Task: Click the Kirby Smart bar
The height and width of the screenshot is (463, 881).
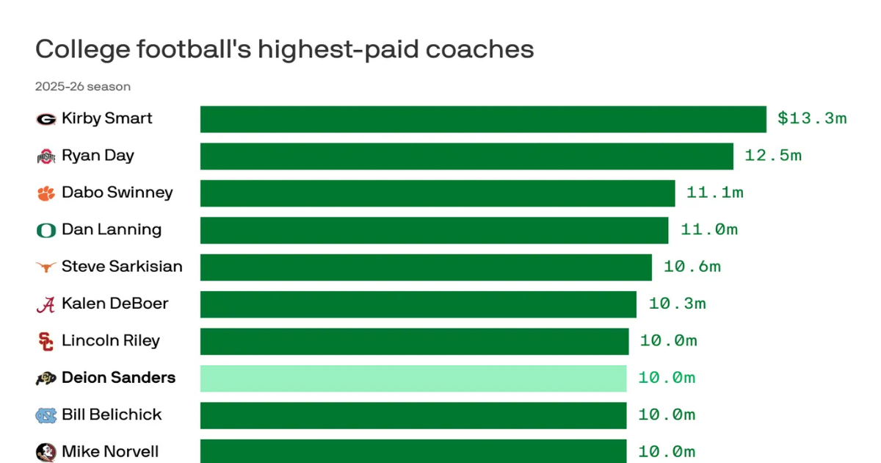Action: point(483,119)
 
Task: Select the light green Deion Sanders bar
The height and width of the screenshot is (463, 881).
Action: point(413,378)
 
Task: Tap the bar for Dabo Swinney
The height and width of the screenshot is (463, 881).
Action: point(438,193)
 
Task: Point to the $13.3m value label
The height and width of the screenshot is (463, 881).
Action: point(812,118)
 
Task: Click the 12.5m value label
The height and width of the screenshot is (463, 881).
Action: point(773,156)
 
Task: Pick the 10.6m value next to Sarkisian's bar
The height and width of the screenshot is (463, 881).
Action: point(692,267)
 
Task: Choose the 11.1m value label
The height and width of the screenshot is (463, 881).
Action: point(714,193)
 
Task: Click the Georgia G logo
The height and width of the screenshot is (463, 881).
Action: point(46,119)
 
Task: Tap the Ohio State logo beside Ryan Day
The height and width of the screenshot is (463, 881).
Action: point(46,157)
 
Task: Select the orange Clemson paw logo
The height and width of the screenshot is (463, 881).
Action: point(46,193)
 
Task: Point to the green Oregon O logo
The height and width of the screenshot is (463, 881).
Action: point(46,230)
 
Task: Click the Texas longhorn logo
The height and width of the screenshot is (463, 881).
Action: point(46,267)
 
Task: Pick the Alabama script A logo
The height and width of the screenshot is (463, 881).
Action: point(46,305)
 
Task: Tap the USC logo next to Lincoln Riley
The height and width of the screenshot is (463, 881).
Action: point(46,341)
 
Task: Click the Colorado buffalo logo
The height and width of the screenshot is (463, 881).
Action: point(46,378)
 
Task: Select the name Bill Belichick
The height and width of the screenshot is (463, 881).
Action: point(112,414)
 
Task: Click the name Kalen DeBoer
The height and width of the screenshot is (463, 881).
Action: point(115,304)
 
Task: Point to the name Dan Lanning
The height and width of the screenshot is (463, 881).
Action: point(112,229)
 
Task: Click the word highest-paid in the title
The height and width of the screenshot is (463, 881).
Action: point(338,50)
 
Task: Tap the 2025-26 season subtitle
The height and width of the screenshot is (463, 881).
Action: point(82,86)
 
